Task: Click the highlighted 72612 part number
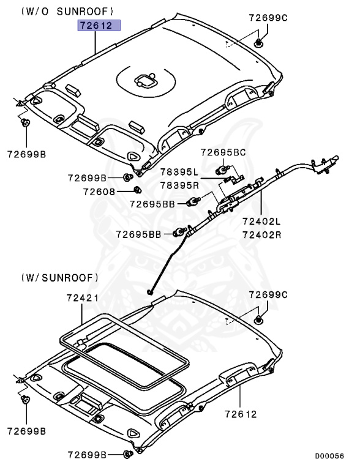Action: [99, 26]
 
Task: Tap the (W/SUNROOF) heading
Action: [59, 277]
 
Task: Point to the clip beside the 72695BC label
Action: [223, 169]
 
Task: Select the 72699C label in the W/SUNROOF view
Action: [268, 295]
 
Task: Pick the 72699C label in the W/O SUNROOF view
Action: [268, 18]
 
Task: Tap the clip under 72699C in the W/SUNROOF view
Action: [259, 319]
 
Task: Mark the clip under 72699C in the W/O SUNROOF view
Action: [259, 42]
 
